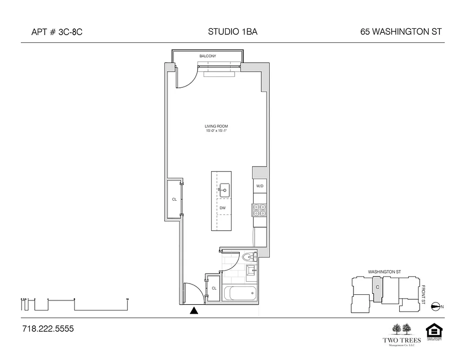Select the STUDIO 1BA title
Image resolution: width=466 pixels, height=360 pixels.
click(x=233, y=32)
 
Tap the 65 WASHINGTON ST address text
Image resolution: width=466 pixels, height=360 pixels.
click(x=401, y=32)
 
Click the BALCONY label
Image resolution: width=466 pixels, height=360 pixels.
click(x=208, y=56)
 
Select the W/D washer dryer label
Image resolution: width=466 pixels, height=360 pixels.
click(x=260, y=186)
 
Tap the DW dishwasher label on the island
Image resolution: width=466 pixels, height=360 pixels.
click(x=222, y=208)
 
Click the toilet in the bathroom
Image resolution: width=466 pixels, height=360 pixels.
click(x=248, y=257)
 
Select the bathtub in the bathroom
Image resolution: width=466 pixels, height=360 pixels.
click(x=240, y=294)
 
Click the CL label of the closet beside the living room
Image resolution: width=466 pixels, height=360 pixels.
click(x=174, y=199)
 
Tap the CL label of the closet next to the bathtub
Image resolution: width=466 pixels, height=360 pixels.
click(x=214, y=288)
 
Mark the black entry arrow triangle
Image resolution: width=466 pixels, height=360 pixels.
click(x=194, y=310)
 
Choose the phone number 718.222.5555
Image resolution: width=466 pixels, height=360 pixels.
click(x=48, y=329)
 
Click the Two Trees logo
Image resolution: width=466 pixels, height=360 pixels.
click(x=401, y=335)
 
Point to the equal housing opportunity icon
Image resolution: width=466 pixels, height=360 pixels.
click(x=434, y=333)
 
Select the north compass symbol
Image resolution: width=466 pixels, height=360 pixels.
click(x=435, y=306)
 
